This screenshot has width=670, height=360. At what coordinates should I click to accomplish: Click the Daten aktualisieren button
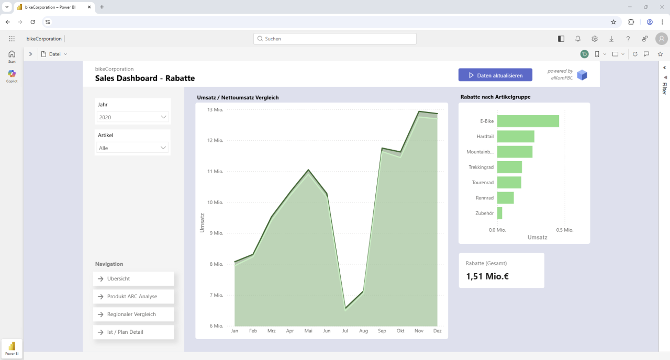pyautogui.click(x=495, y=75)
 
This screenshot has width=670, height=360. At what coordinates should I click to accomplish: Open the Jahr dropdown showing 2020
pyautogui.click(x=133, y=117)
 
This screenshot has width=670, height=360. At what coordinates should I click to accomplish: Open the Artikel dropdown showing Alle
pyautogui.click(x=133, y=148)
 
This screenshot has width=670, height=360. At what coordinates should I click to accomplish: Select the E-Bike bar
pyautogui.click(x=528, y=121)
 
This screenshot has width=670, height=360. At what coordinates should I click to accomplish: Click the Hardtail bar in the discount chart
pyautogui.click(x=516, y=137)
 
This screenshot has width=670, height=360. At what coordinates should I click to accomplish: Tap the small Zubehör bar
pyautogui.click(x=500, y=213)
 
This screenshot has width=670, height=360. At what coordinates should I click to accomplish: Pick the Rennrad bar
pyautogui.click(x=506, y=198)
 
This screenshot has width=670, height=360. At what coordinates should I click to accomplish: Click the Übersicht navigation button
pyautogui.click(x=133, y=279)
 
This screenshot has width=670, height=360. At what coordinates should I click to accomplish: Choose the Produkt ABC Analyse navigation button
pyautogui.click(x=133, y=297)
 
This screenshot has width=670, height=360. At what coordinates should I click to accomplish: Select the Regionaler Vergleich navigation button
pyautogui.click(x=133, y=314)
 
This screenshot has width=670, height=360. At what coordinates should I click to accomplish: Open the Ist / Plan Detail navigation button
pyautogui.click(x=133, y=332)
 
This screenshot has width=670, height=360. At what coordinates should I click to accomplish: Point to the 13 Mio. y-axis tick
pyautogui.click(x=215, y=109)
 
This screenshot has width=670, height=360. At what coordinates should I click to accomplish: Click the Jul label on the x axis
pyautogui.click(x=345, y=331)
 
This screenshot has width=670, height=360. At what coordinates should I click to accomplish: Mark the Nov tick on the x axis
pyautogui.click(x=419, y=331)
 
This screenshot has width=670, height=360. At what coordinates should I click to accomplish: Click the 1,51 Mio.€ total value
pyautogui.click(x=487, y=276)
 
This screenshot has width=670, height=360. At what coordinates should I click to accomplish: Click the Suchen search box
pyautogui.click(x=335, y=39)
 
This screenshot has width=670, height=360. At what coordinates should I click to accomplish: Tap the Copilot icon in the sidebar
pyautogui.click(x=12, y=74)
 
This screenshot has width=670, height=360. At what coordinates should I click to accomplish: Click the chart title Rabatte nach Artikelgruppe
pyautogui.click(x=495, y=97)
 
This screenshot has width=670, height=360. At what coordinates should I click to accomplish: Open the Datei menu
pyautogui.click(x=54, y=54)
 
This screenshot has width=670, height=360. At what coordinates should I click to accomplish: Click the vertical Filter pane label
pyautogui.click(x=664, y=88)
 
